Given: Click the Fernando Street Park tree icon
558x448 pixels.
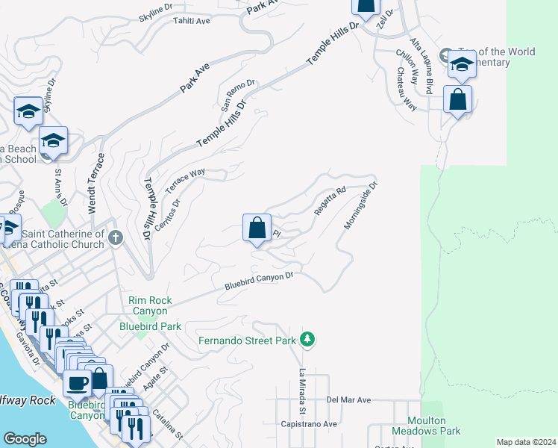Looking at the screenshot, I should [307, 340].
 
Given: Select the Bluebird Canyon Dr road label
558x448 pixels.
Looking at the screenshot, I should [260, 281].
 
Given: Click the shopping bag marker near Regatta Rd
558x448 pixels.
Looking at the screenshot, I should [257, 227].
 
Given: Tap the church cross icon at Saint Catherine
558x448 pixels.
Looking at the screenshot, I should [115, 238].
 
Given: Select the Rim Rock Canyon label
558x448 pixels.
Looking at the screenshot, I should [150, 305].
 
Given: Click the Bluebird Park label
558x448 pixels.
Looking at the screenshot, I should [151, 326].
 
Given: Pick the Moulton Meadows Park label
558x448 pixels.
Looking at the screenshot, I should [433, 426].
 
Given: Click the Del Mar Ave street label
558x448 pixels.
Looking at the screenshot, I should [348, 400].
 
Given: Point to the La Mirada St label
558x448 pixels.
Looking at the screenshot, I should [304, 391].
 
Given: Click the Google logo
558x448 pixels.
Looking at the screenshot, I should [25, 439].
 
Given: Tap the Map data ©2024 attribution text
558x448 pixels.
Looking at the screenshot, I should [526, 442].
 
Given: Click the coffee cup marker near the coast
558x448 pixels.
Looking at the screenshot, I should [76, 384].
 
